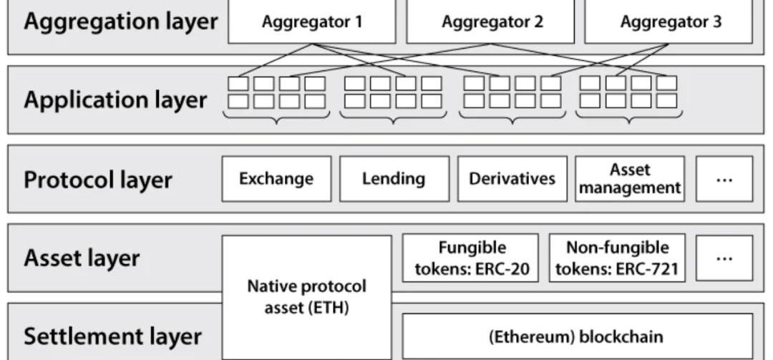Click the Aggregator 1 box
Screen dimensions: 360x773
coord(311,21)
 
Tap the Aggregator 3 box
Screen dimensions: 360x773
coord(669,21)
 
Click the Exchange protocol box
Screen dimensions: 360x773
coord(276,178)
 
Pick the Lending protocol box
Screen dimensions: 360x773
coord(394,178)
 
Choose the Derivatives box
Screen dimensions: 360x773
coord(512,178)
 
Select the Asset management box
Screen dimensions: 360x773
coord(630,178)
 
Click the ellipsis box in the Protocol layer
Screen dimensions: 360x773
coord(724,178)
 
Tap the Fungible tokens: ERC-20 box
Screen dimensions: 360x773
coord(471,258)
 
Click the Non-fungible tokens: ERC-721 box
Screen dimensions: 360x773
coord(617,258)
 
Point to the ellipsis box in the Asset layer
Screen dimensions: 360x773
coord(724,258)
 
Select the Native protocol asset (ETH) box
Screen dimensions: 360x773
coord(306,297)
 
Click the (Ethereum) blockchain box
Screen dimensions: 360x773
coord(577,336)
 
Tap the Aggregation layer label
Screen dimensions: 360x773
coord(120,21)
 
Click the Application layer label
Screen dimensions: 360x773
coord(115,99)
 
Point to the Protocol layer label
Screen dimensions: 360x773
coord(98,179)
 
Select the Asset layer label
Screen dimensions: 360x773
coord(82,258)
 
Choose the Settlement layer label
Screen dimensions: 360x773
coord(112,336)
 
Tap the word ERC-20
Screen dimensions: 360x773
coord(502,270)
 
